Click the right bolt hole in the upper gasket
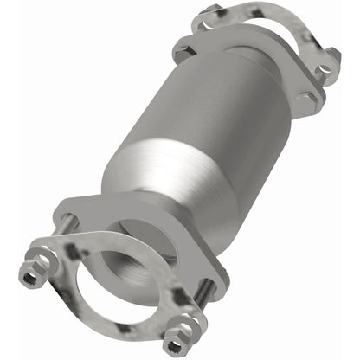click(327, 59)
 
